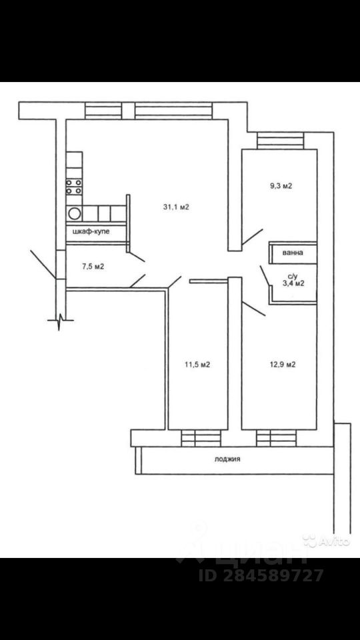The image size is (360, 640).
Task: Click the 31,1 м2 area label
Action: [177, 207]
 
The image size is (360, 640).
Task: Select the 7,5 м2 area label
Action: [92, 267]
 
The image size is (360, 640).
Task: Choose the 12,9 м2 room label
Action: [282, 365]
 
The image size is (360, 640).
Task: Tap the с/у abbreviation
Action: [292, 275]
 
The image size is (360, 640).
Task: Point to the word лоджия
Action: [227, 459]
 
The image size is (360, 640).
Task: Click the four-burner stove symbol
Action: [74, 186]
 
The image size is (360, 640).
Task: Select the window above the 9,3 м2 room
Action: [280, 141]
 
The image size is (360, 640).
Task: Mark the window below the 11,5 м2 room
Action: [200, 437]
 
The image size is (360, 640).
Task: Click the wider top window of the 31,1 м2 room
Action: [173, 111]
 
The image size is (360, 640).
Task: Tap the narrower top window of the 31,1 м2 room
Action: [103, 111]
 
